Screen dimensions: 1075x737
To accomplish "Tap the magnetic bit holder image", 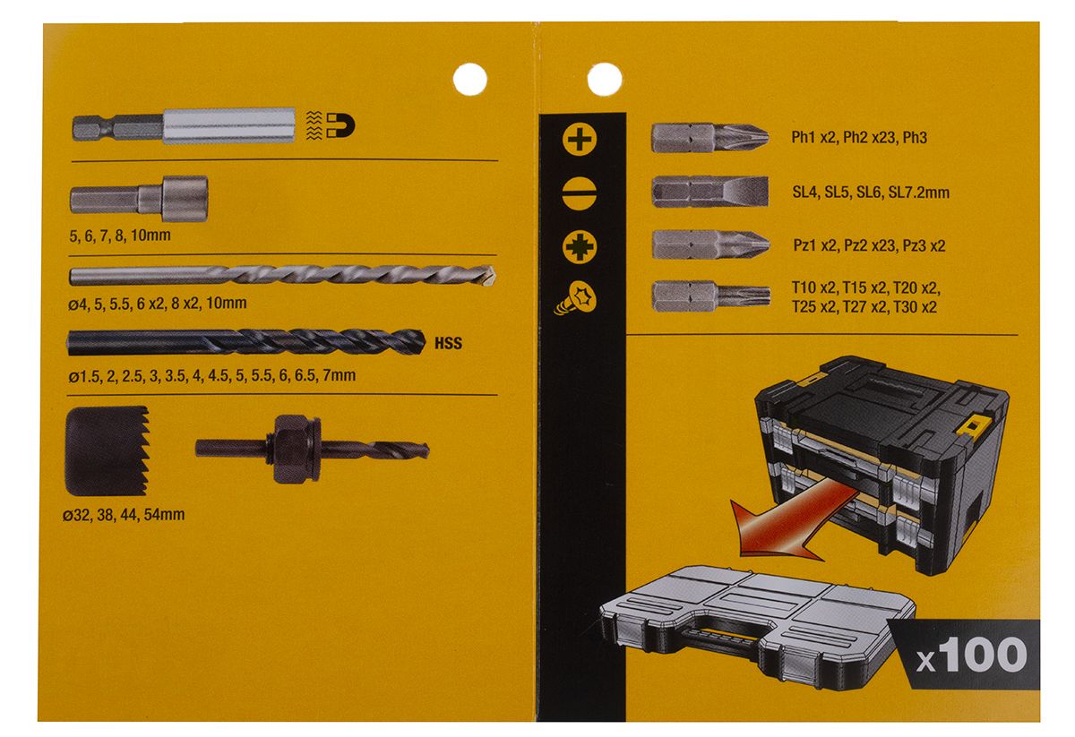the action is coord(184,126).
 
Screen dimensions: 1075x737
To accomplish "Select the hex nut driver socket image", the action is coord(139,198).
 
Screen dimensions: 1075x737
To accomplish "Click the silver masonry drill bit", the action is coord(282,277).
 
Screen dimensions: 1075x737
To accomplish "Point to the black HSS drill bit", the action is coord(246,342).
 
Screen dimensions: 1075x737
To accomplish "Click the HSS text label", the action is coord(448,344).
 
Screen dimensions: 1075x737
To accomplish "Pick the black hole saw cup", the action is coord(107,451).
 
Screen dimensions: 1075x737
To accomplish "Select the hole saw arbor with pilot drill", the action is coord(312,450).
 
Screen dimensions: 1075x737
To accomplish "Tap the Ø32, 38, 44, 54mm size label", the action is coord(124,515).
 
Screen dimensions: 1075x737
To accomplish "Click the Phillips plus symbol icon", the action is coord(580,140).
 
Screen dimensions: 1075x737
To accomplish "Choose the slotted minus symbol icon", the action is coord(580,193).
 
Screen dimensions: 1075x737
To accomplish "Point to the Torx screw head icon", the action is coord(576,298).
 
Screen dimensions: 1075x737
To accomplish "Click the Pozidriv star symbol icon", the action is coord(580,247).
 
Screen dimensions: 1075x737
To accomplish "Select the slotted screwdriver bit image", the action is coord(710,192).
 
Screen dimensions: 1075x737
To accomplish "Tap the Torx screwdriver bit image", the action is coord(711,296).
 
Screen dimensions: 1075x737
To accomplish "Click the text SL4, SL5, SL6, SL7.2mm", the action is coord(871,193).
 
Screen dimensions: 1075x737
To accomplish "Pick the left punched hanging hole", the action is coord(469,80).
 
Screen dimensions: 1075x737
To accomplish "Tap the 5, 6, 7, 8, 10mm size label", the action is coord(120,236).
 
